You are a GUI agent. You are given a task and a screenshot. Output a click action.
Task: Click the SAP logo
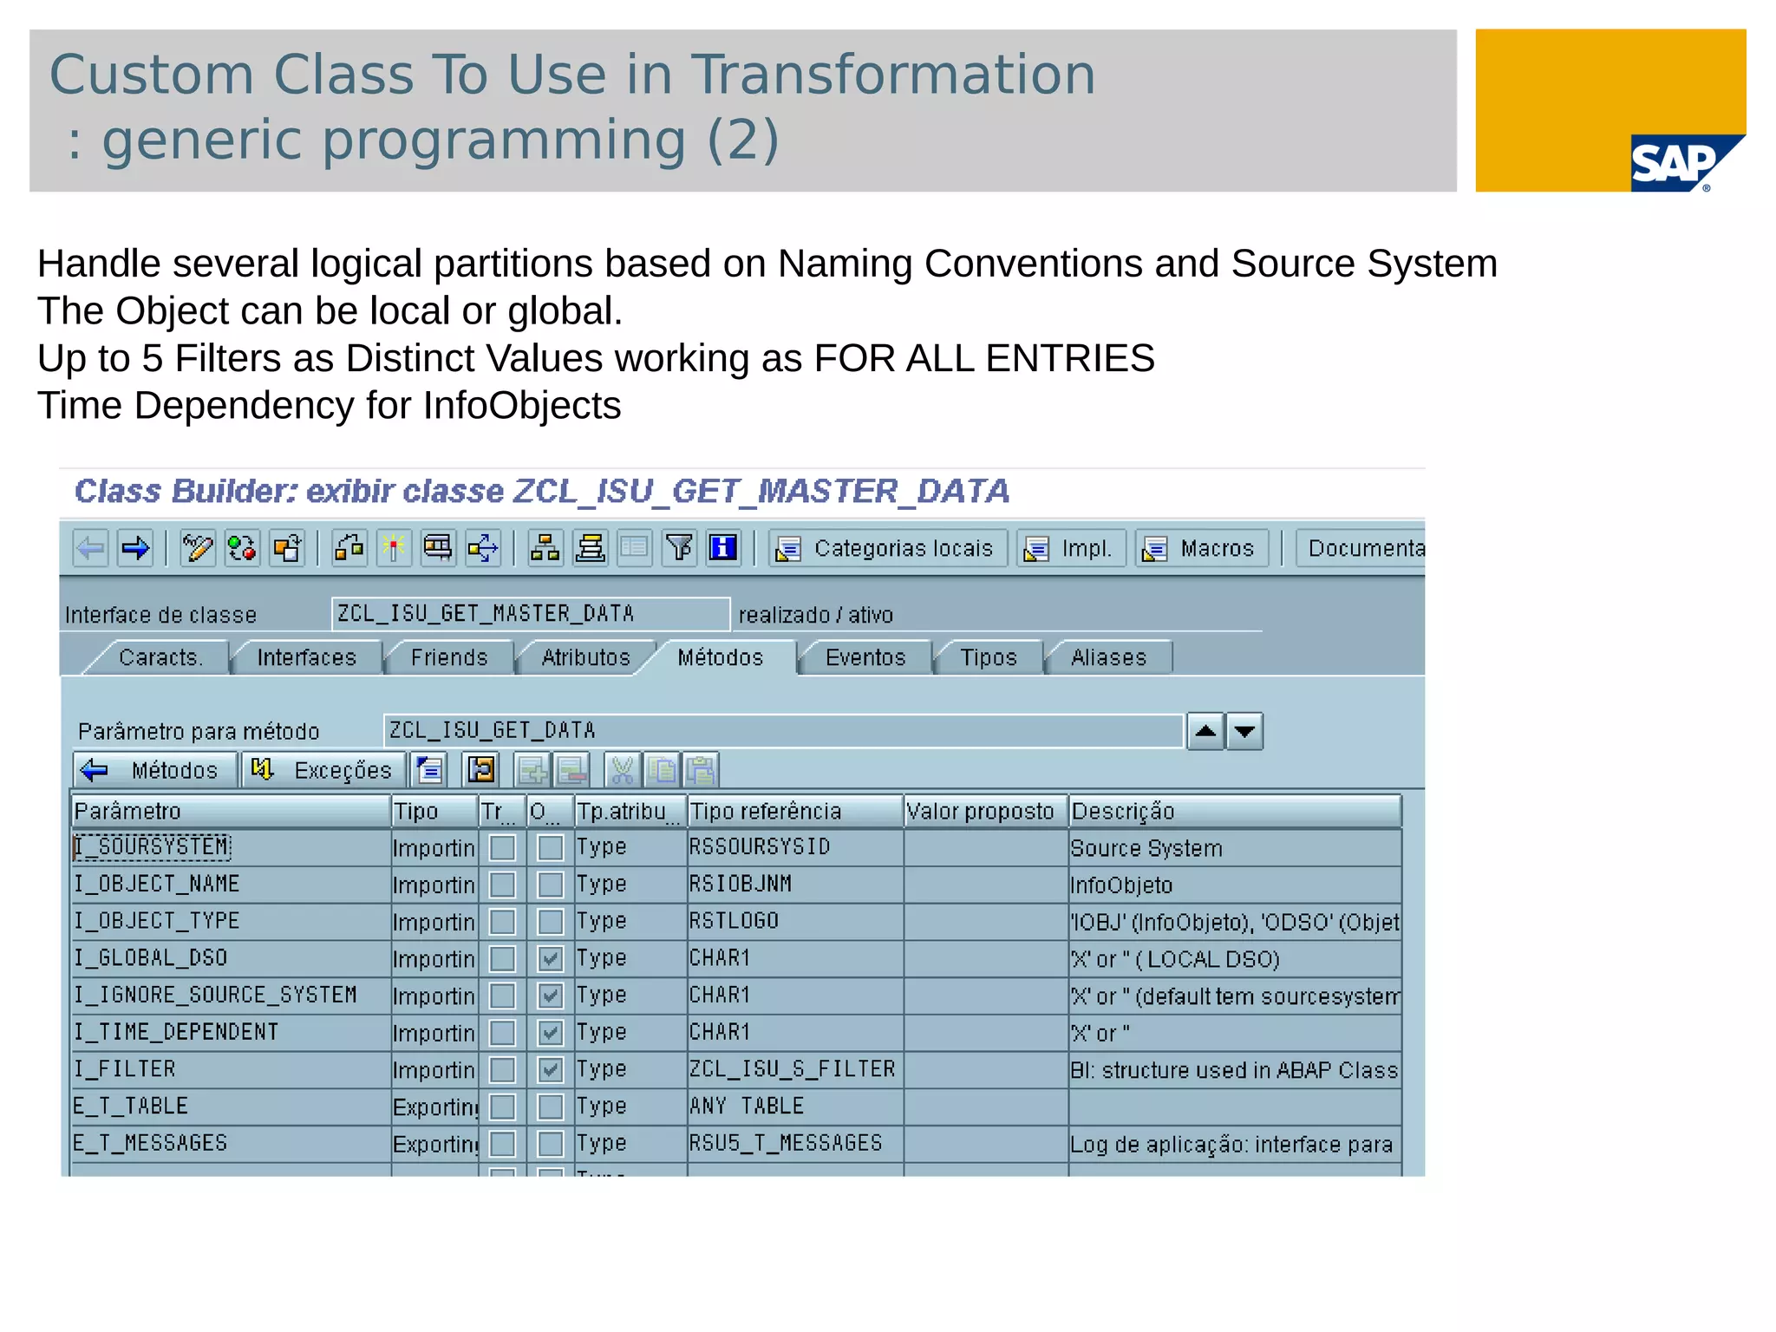click(x=1674, y=163)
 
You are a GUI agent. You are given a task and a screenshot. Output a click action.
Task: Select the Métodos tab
click(x=720, y=658)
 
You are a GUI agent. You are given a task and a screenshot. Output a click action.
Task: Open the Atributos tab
click(x=585, y=658)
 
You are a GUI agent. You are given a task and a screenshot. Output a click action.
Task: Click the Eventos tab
click(x=865, y=658)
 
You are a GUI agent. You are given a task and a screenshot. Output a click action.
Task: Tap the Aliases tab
click(x=1108, y=658)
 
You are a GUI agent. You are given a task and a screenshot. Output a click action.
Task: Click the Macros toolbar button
click(x=1201, y=549)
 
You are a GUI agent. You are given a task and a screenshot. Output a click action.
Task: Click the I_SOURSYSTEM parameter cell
click(x=153, y=847)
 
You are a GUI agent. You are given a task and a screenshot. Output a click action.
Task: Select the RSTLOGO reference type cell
click(x=734, y=921)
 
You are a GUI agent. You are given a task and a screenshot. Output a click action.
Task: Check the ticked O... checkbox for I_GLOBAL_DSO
click(x=550, y=959)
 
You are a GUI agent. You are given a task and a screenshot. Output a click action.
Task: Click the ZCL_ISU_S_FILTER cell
click(x=792, y=1069)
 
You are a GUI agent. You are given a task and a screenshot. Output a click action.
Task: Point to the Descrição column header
click(x=1233, y=812)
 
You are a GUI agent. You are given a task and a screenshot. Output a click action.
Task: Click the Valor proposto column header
click(x=983, y=812)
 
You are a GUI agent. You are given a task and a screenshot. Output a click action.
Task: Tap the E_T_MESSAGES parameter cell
click(x=151, y=1144)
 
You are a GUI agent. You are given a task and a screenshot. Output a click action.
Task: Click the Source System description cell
click(x=1146, y=849)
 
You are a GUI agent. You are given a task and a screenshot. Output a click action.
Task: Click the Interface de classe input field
click(x=530, y=614)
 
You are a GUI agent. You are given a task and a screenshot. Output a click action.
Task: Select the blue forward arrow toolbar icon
click(x=135, y=549)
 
